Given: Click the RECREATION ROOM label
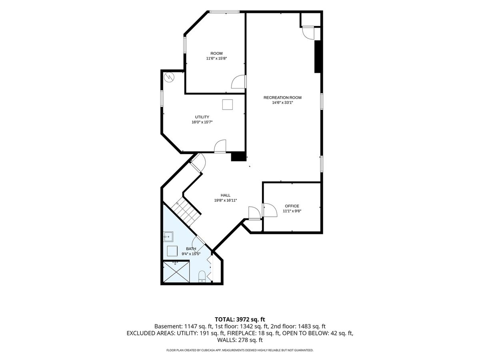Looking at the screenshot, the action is tap(282, 98).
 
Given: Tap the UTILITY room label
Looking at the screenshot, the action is tap(202, 117).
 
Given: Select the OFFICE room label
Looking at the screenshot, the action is tap(292, 206).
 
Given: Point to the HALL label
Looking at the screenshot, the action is tap(226, 195).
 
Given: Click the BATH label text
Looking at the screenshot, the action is tap(191, 249).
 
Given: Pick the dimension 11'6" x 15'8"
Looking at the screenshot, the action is tap(216, 58).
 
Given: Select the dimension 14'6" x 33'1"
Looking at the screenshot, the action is tap(282, 102).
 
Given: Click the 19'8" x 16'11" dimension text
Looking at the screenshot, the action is tap(226, 200).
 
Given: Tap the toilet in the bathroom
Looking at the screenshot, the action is tap(202, 276).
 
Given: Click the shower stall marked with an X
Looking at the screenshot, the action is tap(176, 272).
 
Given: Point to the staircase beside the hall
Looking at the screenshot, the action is tap(186, 212).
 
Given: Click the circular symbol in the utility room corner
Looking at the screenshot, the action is tap(169, 77).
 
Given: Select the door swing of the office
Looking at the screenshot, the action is tap(270, 210).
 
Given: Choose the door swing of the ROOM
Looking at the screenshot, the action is tap(238, 82).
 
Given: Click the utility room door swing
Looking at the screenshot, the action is tap(220, 146).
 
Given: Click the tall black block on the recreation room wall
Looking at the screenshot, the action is tap(317, 57).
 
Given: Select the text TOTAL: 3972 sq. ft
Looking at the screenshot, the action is tap(240, 319).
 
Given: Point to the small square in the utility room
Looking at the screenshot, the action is tap(228, 104).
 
